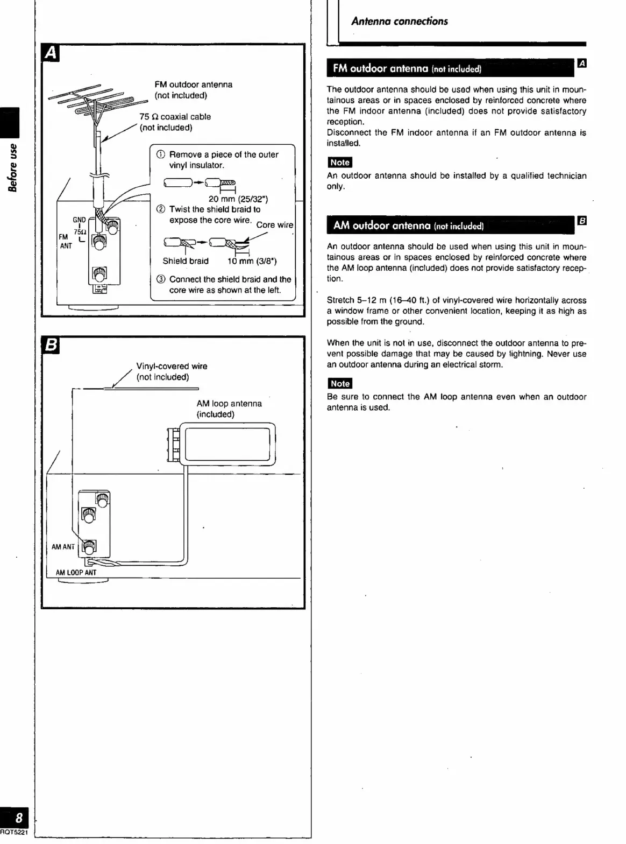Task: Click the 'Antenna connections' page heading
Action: pyautogui.click(x=399, y=22)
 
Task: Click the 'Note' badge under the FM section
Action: pyautogui.click(x=339, y=163)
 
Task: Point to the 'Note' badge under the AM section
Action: pyautogui.click(x=339, y=384)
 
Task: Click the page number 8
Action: pyautogui.click(x=19, y=818)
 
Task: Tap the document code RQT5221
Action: pyautogui.click(x=13, y=833)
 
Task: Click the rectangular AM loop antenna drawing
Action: pyautogui.click(x=227, y=444)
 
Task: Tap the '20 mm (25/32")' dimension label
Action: pyautogui.click(x=238, y=199)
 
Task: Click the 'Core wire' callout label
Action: pyautogui.click(x=274, y=225)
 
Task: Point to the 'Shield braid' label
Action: pyautogui.click(x=186, y=262)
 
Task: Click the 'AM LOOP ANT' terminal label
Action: pyautogui.click(x=76, y=573)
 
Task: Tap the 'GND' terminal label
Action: pyautogui.click(x=79, y=220)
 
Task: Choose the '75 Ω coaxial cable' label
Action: pyautogui.click(x=175, y=117)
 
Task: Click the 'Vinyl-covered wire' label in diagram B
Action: pyautogui.click(x=172, y=367)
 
